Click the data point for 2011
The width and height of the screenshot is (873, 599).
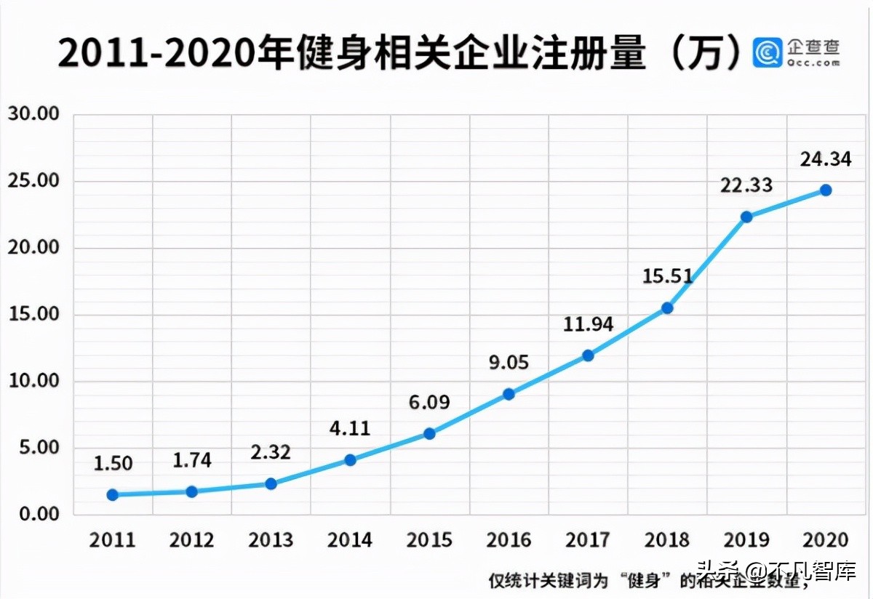(x=113, y=494)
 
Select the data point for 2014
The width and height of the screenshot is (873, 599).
(x=350, y=459)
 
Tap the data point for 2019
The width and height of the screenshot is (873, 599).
(x=746, y=217)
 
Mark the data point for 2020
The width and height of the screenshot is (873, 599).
(x=826, y=190)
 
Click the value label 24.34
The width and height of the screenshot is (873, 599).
(x=825, y=159)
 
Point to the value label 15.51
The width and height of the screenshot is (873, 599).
(x=667, y=276)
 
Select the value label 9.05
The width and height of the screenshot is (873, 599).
(x=509, y=362)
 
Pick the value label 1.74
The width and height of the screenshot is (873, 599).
(x=192, y=460)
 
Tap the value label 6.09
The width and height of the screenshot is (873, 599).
(x=429, y=402)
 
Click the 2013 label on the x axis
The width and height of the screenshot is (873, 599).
(x=271, y=540)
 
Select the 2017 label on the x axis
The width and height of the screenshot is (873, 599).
(x=588, y=540)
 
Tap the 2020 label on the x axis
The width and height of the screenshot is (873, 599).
(x=826, y=540)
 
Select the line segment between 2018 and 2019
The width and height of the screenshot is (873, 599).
(x=707, y=262)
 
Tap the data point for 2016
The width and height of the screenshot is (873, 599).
(x=509, y=394)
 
